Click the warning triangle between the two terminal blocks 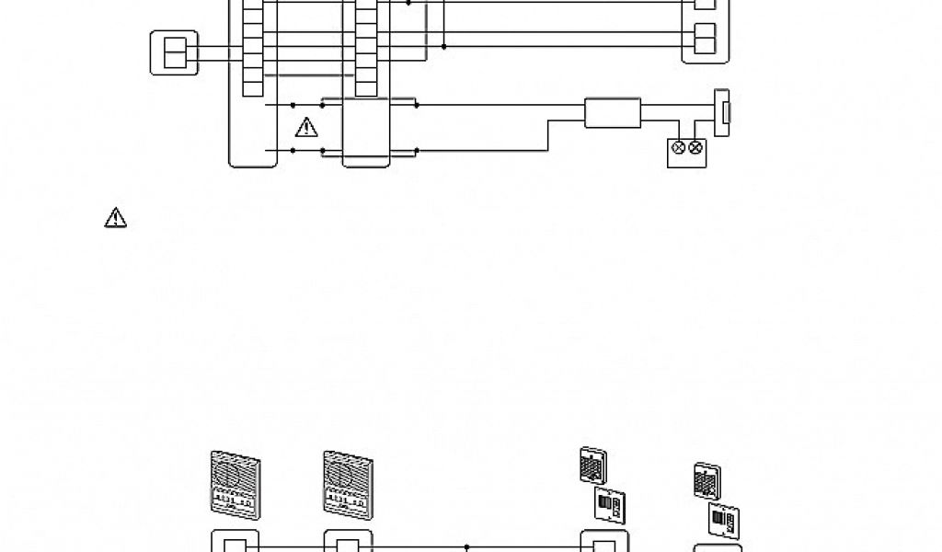[305, 128]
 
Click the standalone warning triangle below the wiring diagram [115, 217]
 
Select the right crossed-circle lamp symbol [696, 147]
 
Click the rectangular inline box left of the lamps [613, 113]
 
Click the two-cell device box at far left [173, 52]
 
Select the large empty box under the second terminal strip [366, 133]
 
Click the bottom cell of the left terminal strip [252, 89]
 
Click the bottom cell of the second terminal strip [366, 89]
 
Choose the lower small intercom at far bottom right [722, 517]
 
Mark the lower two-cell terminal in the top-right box [705, 40]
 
